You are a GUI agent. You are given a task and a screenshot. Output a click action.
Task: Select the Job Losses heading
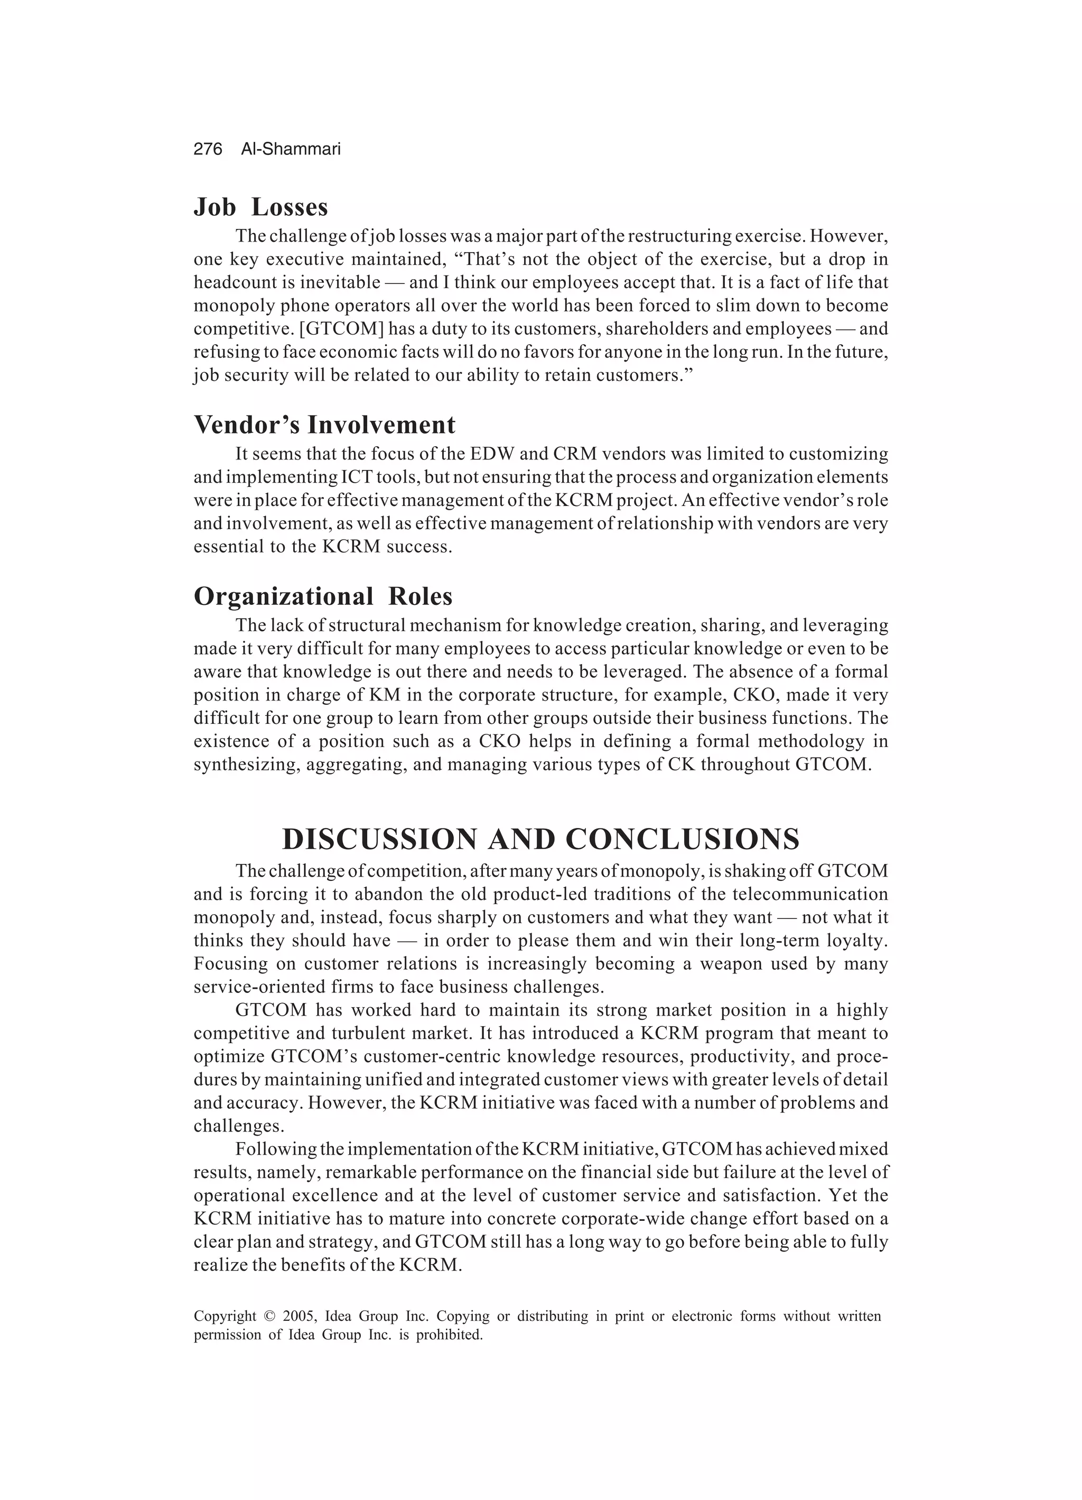point(260,207)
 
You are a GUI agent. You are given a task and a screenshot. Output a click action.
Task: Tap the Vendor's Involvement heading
point(324,425)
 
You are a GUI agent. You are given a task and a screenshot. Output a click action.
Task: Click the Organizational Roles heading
point(323,596)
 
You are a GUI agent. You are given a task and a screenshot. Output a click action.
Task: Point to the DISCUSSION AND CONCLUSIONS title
point(540,839)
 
